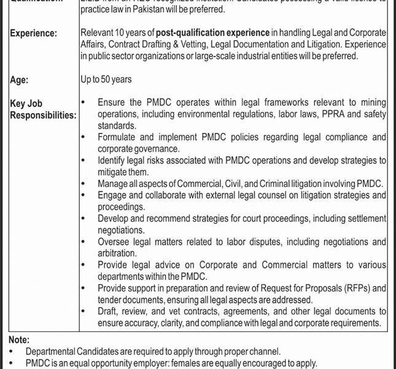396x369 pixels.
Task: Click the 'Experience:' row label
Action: [34, 33]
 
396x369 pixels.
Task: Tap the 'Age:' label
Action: [20, 79]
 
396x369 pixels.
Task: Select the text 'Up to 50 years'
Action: [106, 79]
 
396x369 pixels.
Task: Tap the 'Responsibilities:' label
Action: [43, 114]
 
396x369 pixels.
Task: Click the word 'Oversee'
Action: [114, 241]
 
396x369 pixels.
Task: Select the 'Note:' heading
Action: [20, 339]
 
